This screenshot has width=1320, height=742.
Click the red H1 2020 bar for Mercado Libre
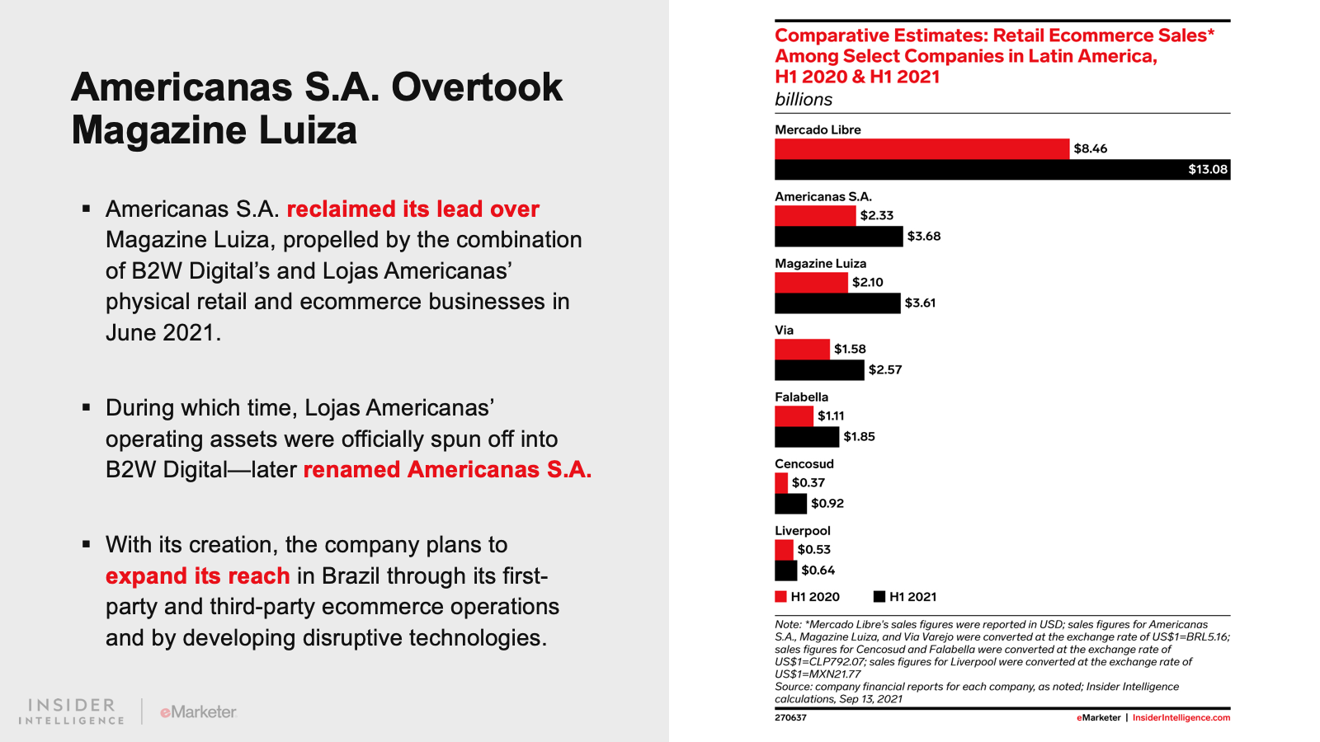[922, 149]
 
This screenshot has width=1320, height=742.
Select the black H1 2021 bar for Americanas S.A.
[838, 236]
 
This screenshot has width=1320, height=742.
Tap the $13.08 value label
[1208, 170]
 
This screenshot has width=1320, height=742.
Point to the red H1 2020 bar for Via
[802, 350]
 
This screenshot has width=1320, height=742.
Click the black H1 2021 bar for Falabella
[807, 437]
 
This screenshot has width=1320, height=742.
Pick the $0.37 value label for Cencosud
[808, 483]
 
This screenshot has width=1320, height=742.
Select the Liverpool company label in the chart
[802, 531]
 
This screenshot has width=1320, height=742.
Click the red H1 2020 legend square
[780, 597]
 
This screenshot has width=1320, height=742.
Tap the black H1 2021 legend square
[879, 597]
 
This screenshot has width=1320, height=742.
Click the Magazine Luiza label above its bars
[820, 264]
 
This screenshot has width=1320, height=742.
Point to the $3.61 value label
[920, 303]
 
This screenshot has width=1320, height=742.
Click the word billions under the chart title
[804, 100]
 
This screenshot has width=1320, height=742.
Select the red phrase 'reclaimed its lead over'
[412, 209]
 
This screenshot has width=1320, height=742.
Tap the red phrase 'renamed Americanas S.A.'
[447, 470]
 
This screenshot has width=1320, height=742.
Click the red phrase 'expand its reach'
[197, 576]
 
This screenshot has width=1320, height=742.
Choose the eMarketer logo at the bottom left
[198, 712]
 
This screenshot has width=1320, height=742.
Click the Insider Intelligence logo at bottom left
[71, 711]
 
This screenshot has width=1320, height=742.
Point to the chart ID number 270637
[790, 718]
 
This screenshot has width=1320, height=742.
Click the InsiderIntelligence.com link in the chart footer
[1181, 718]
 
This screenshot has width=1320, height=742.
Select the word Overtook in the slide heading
[477, 87]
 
